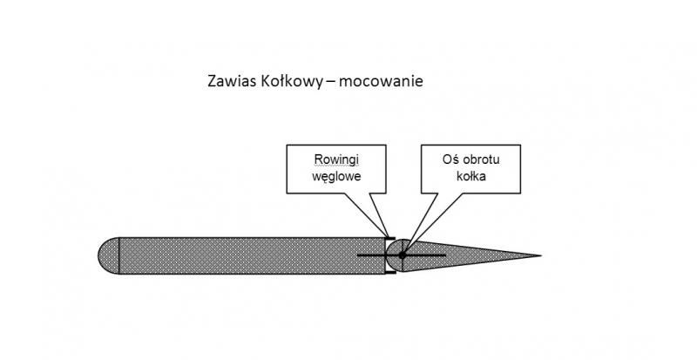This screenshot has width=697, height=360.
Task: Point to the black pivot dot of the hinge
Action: coord(403,255)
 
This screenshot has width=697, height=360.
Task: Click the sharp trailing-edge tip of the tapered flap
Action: coord(540,255)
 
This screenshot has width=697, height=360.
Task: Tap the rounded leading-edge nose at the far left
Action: coord(109,255)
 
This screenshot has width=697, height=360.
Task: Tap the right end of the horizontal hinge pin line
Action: coord(446,255)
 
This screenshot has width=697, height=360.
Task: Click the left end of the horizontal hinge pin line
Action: coord(358,255)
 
